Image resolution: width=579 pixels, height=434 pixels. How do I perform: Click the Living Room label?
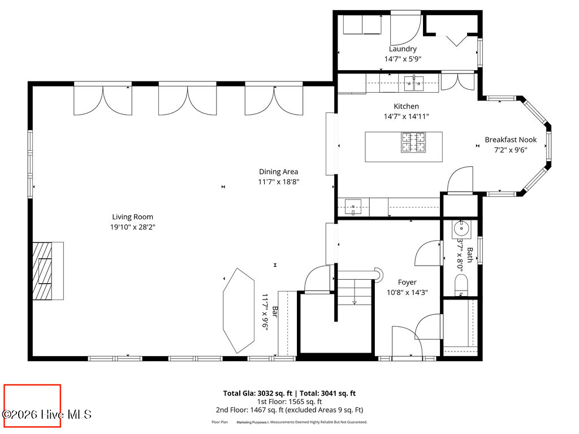(x=132, y=216)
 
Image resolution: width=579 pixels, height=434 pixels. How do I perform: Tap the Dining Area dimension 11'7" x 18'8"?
(x=278, y=182)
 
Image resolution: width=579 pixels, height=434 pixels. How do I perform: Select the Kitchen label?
(x=406, y=106)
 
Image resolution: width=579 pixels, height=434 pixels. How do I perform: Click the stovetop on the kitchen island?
(x=413, y=143)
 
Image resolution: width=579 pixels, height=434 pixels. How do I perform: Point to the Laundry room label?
(x=403, y=49)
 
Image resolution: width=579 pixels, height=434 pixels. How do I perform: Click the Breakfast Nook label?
(x=510, y=140)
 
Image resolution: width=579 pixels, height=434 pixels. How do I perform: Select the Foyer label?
(x=407, y=282)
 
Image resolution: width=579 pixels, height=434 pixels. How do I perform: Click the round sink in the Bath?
(x=461, y=229)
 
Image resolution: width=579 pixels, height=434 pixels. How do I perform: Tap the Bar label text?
(x=275, y=311)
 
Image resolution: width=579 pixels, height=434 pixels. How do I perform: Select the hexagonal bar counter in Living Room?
(x=239, y=311)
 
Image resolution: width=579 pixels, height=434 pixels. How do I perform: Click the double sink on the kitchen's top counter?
(x=414, y=84)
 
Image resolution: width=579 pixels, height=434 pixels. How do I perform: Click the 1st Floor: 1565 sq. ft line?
(x=289, y=402)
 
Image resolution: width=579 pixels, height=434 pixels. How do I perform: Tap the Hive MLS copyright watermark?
(x=47, y=414)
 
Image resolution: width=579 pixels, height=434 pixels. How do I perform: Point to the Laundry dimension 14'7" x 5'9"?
(x=403, y=59)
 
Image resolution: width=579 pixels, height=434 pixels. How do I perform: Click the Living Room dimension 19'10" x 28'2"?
(x=132, y=227)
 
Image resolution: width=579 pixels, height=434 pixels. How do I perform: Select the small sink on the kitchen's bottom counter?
(x=354, y=207)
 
